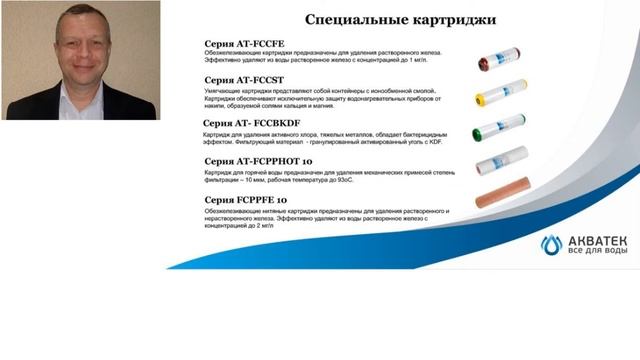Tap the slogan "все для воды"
point(598,251)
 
